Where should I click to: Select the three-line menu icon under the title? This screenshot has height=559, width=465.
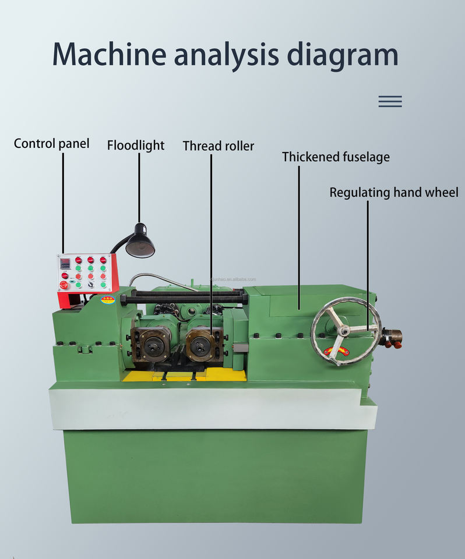[x=390, y=101]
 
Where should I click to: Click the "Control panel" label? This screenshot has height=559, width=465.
[x=51, y=143]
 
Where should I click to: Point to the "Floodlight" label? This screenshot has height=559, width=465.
[x=136, y=145]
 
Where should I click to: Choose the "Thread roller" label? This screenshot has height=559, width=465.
[x=219, y=146]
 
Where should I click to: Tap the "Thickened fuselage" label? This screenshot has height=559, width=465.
[x=336, y=157]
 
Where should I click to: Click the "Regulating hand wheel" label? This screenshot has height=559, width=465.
[x=394, y=192]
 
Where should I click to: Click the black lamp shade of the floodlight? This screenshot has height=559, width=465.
[x=140, y=243]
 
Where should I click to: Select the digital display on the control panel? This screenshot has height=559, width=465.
[x=65, y=262]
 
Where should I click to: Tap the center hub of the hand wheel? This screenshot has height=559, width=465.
[x=345, y=331]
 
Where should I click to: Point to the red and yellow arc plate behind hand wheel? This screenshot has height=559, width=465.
[x=336, y=351]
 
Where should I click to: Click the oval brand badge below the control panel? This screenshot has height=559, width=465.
[x=108, y=300]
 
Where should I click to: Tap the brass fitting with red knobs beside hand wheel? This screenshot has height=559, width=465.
[x=392, y=338]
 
